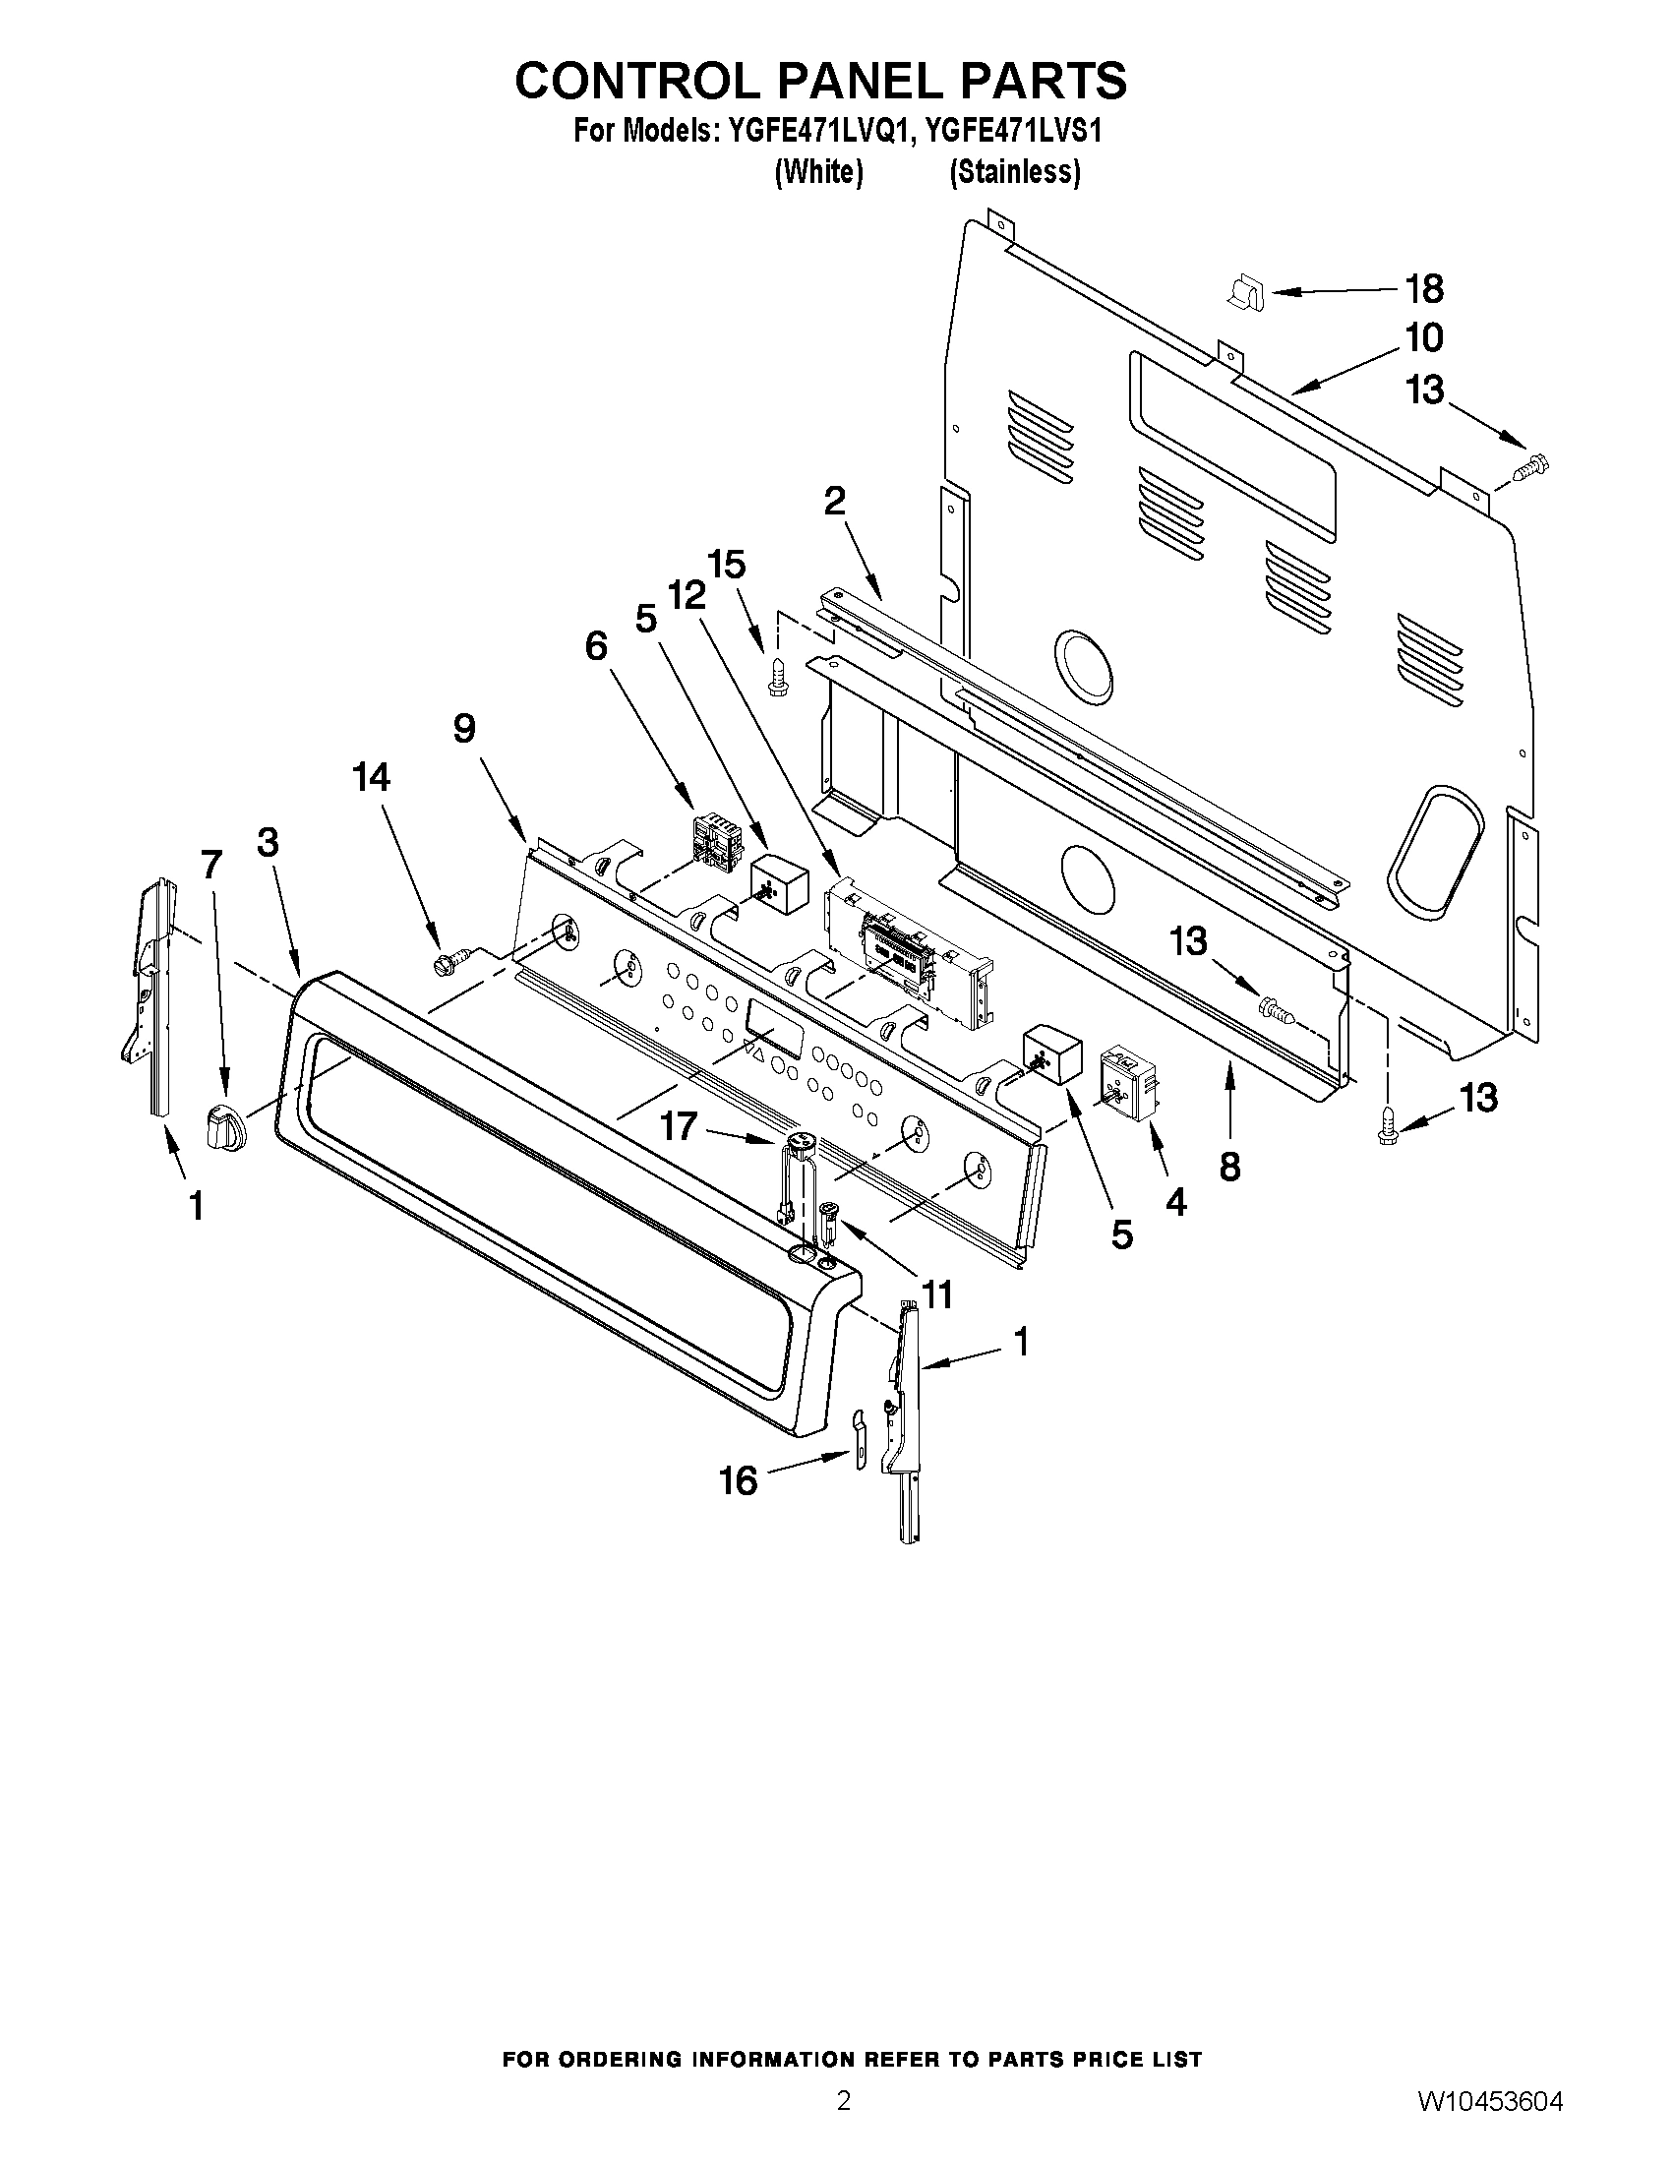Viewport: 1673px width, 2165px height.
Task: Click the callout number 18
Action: [1424, 289]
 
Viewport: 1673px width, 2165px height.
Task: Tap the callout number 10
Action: [1424, 338]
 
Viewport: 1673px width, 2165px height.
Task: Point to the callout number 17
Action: [680, 1126]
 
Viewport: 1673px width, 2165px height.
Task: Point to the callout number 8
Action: [1229, 1167]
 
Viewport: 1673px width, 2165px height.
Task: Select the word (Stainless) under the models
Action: [1014, 172]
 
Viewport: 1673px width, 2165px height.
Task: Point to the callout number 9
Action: [464, 729]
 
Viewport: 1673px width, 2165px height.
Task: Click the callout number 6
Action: [596, 646]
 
